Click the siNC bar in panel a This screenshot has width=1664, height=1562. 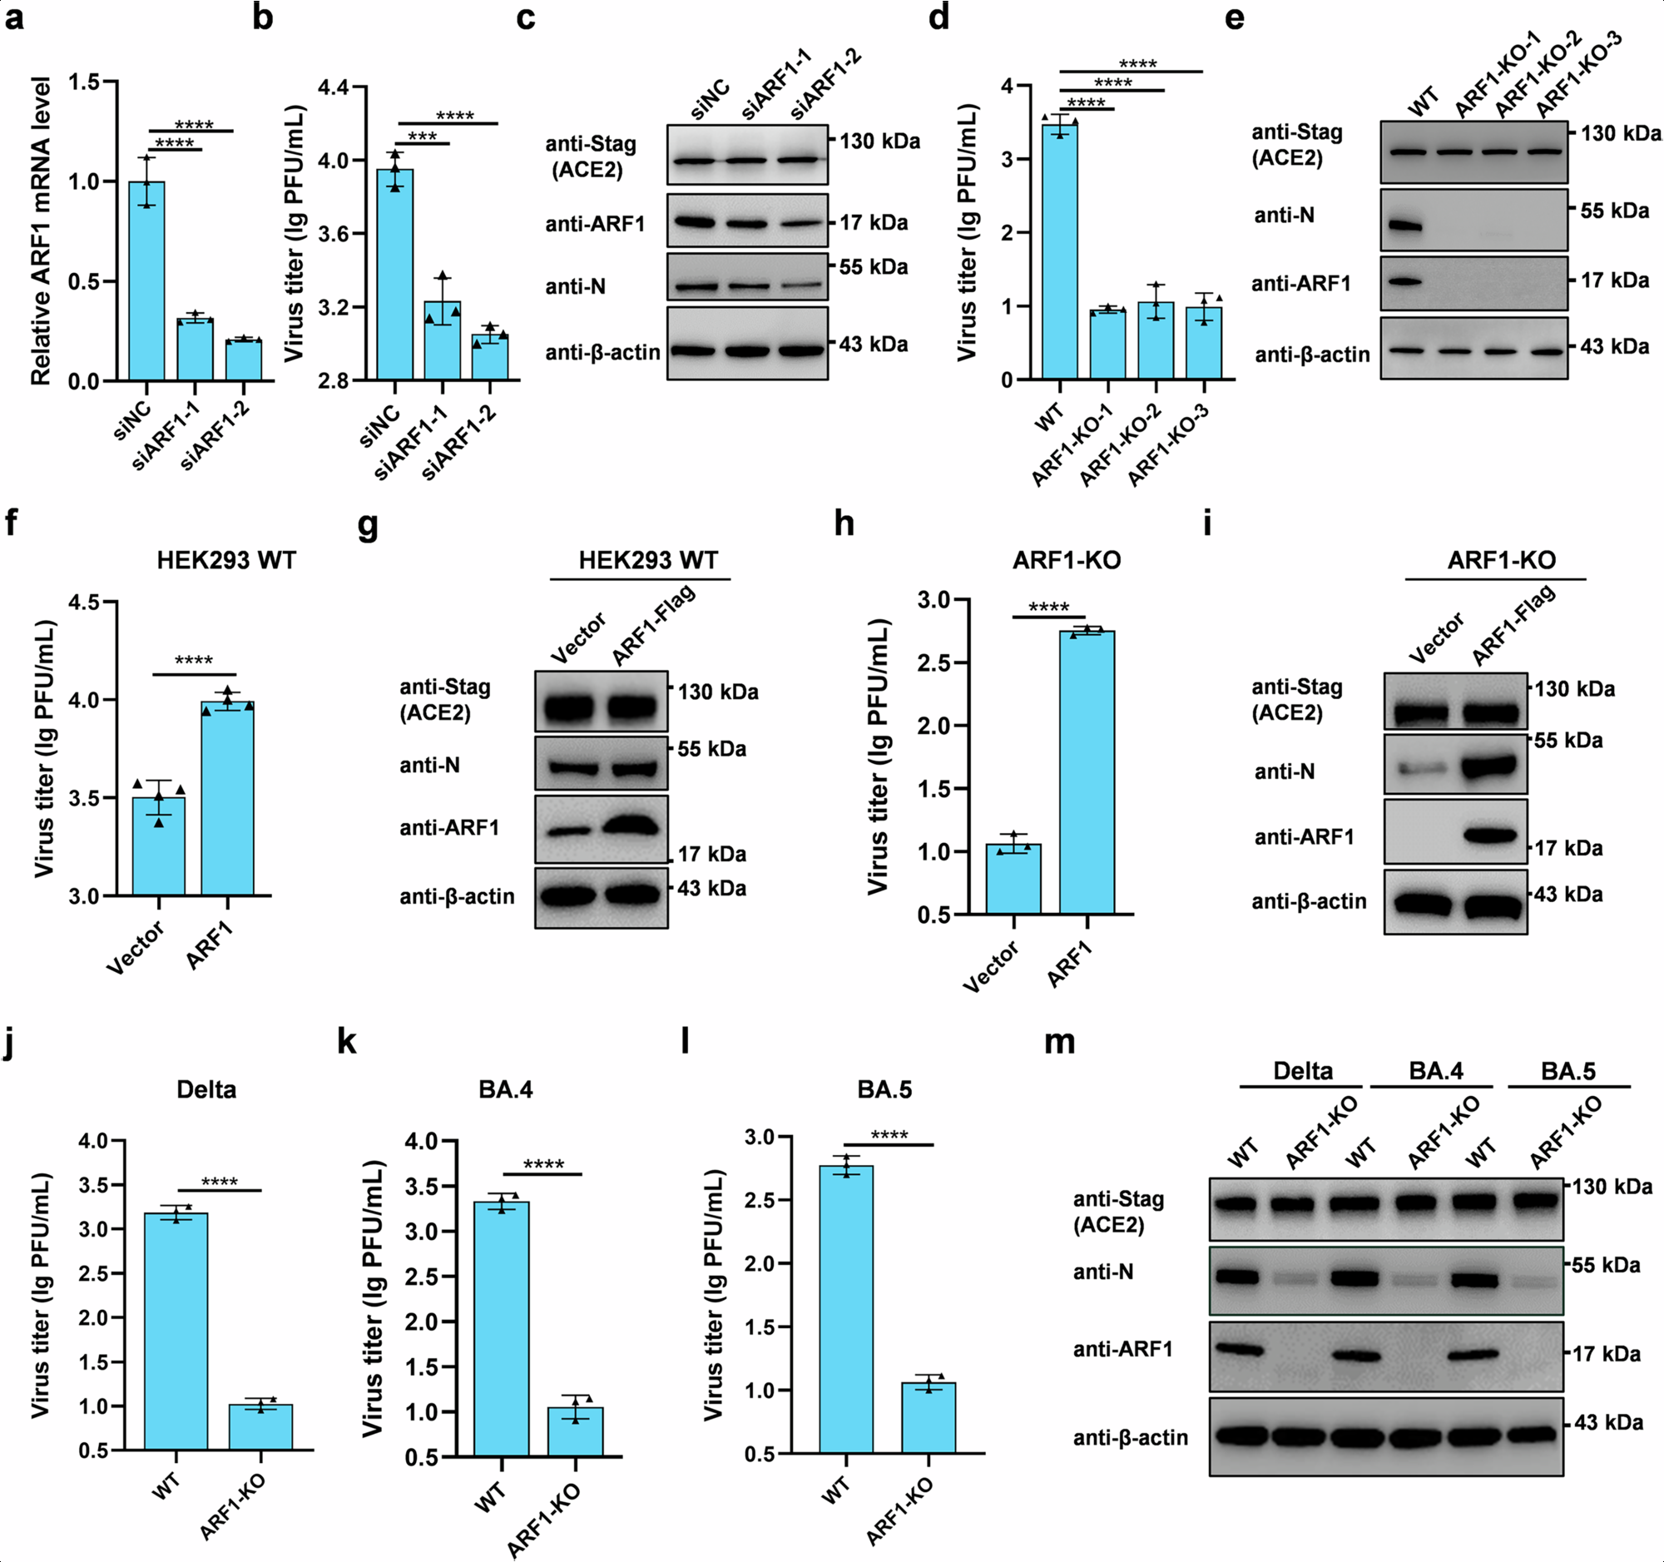[x=146, y=280]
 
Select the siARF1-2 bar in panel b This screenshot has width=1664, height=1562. [x=490, y=358]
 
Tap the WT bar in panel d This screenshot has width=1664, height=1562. [x=1060, y=251]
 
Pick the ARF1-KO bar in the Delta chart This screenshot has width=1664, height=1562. [x=260, y=1426]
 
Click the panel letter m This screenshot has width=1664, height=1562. [x=1060, y=1042]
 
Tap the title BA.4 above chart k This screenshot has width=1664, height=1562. [x=506, y=1089]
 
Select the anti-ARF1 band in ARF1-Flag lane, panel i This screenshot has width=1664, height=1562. [x=1490, y=835]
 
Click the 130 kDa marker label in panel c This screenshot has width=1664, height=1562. [x=879, y=141]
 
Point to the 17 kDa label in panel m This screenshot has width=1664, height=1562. [x=1607, y=1353]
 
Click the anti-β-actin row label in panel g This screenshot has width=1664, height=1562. [x=457, y=896]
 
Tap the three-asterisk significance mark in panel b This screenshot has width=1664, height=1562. [x=422, y=136]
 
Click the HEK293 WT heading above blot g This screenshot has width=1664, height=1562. [x=648, y=560]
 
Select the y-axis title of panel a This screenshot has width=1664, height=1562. [x=40, y=231]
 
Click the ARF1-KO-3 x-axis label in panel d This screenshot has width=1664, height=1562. [x=1168, y=444]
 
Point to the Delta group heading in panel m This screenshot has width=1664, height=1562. [x=1302, y=1071]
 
